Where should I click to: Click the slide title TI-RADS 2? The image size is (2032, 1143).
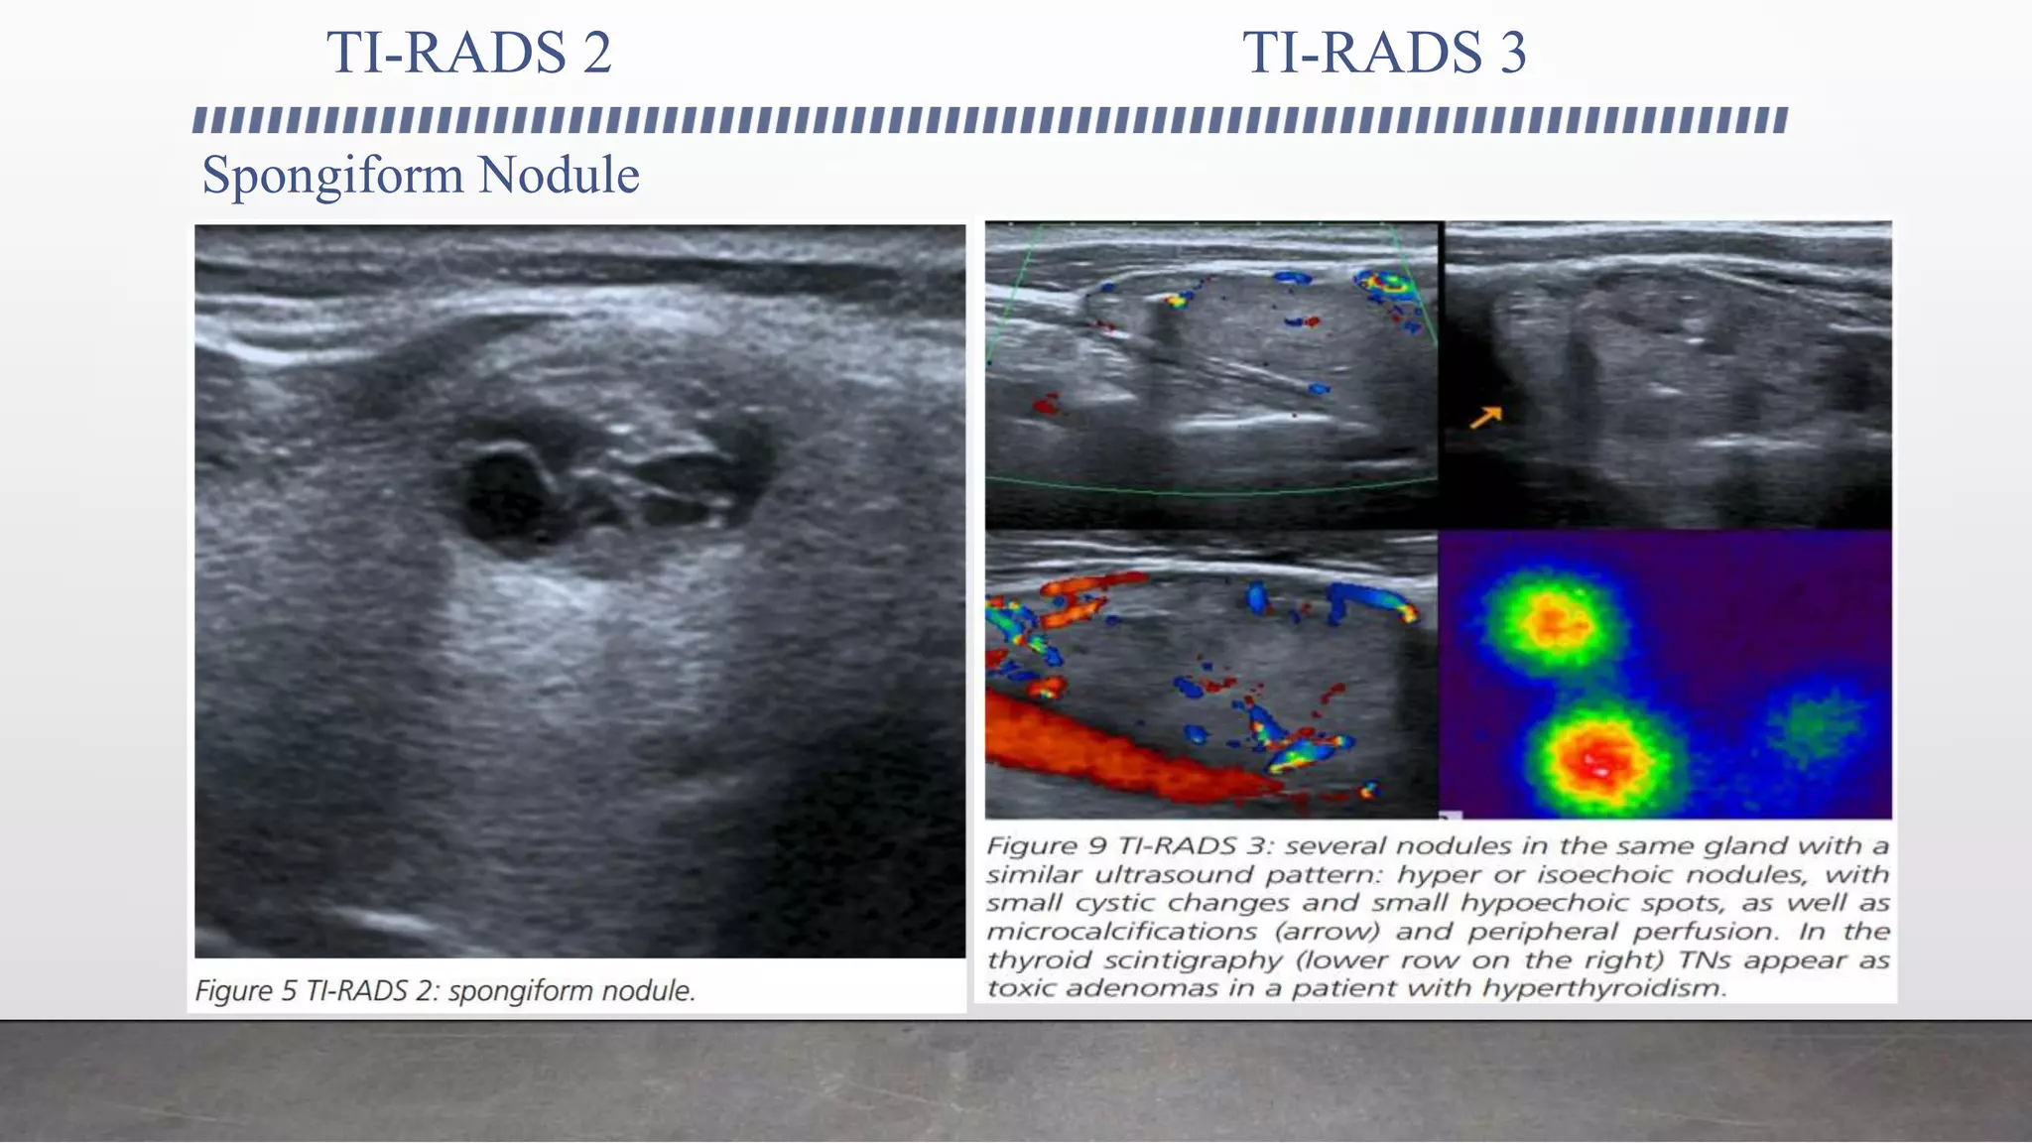coord(468,53)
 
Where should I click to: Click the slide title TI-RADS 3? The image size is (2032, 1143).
coord(1384,53)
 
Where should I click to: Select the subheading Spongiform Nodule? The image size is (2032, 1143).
coord(421,176)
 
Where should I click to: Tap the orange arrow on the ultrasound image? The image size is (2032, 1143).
coord(1485,418)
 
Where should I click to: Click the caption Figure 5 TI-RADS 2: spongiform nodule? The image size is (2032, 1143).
coord(444,990)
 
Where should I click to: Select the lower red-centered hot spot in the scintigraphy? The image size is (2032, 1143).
coord(1599,760)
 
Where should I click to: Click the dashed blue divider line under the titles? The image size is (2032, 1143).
coord(989,120)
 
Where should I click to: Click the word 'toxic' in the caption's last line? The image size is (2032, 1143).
coord(1022,988)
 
